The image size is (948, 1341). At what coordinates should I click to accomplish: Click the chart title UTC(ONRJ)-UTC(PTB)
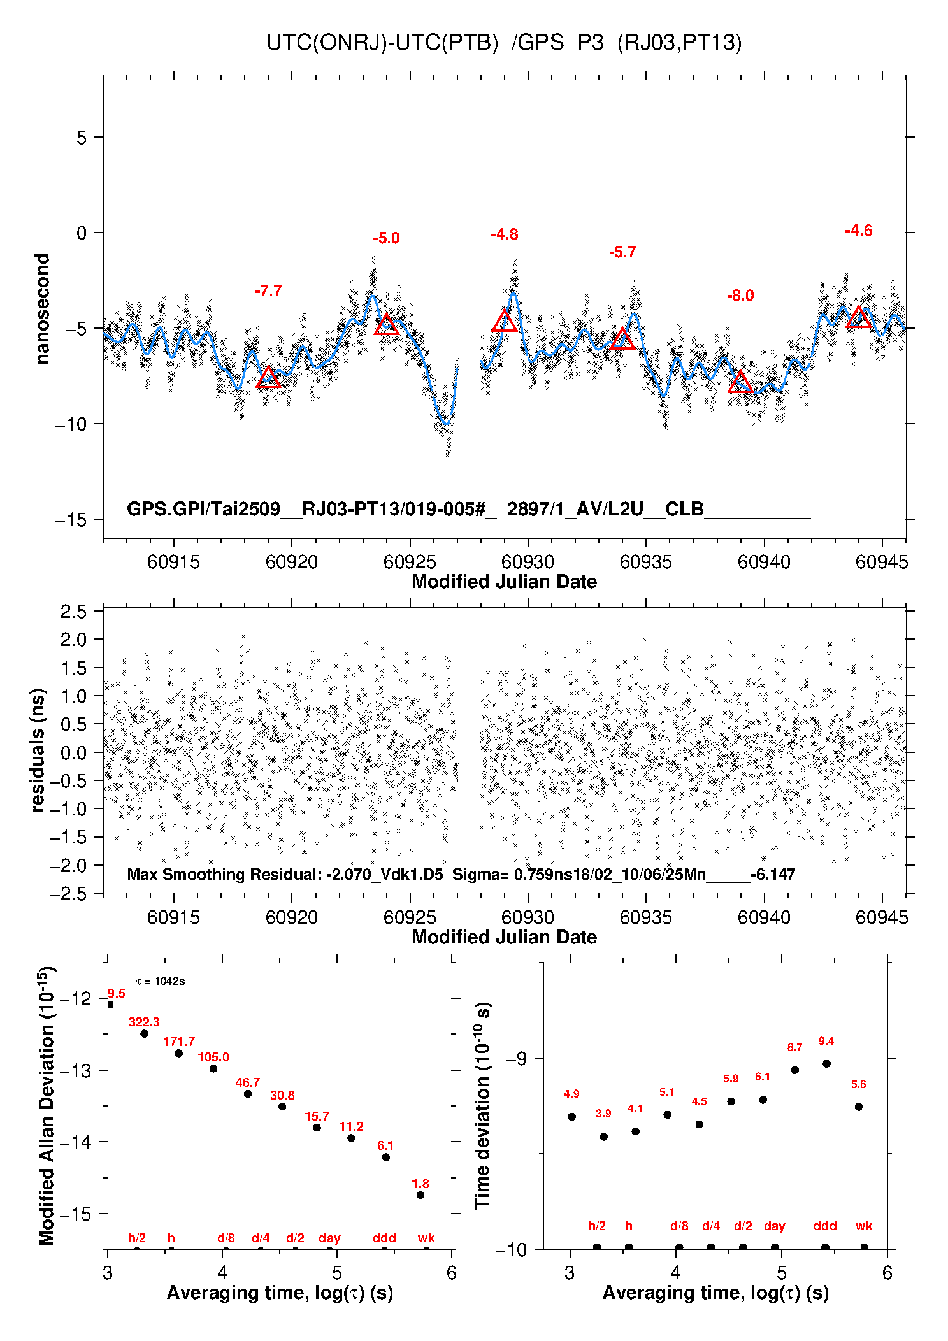click(382, 43)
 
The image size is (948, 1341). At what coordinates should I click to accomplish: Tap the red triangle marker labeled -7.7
click(268, 378)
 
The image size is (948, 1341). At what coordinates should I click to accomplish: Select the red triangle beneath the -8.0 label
click(740, 383)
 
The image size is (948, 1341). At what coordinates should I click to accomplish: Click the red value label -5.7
click(622, 252)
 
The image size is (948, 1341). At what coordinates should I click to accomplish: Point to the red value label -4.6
click(858, 231)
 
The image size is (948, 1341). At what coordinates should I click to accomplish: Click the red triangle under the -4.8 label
click(505, 322)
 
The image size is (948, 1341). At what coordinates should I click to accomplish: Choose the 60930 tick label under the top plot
click(528, 562)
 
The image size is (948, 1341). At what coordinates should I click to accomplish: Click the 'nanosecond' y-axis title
click(43, 309)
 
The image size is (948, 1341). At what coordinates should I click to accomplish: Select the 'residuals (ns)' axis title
click(38, 750)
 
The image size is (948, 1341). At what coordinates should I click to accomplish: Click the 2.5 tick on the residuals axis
click(73, 612)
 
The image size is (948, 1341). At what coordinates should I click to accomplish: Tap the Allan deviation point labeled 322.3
click(145, 1033)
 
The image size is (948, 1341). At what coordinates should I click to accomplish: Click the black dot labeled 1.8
click(420, 1194)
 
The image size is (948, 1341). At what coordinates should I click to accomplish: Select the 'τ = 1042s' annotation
click(161, 981)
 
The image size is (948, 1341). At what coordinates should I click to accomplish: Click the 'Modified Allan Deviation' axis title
click(47, 1105)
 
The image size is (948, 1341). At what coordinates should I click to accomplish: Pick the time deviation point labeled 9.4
click(826, 1063)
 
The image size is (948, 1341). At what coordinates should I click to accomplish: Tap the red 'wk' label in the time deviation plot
click(864, 1226)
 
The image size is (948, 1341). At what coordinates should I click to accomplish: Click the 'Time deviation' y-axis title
click(482, 1105)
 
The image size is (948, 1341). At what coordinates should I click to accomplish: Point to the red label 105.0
click(213, 1057)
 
